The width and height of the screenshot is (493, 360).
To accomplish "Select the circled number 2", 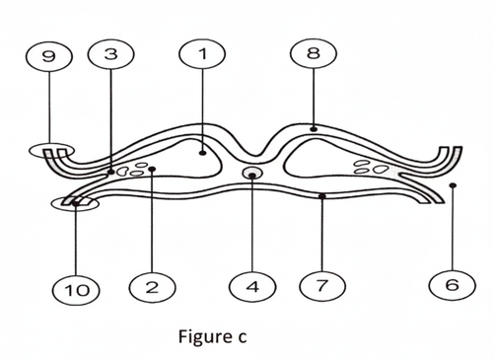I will [x=151, y=287].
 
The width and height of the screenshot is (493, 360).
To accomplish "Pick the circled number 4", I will [x=251, y=287].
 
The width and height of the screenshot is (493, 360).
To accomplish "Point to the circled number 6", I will [x=452, y=287].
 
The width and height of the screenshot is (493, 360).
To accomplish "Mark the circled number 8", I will [x=314, y=55].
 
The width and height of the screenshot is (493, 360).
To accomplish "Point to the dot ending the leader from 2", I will [x=151, y=170].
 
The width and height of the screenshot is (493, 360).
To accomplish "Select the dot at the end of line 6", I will [x=452, y=184].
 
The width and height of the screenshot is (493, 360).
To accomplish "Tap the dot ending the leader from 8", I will [x=314, y=127].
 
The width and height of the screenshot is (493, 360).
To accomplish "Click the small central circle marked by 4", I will [x=252, y=176].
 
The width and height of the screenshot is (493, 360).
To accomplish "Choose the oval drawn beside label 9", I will [x=53, y=151].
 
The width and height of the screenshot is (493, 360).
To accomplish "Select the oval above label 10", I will [x=73, y=203].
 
